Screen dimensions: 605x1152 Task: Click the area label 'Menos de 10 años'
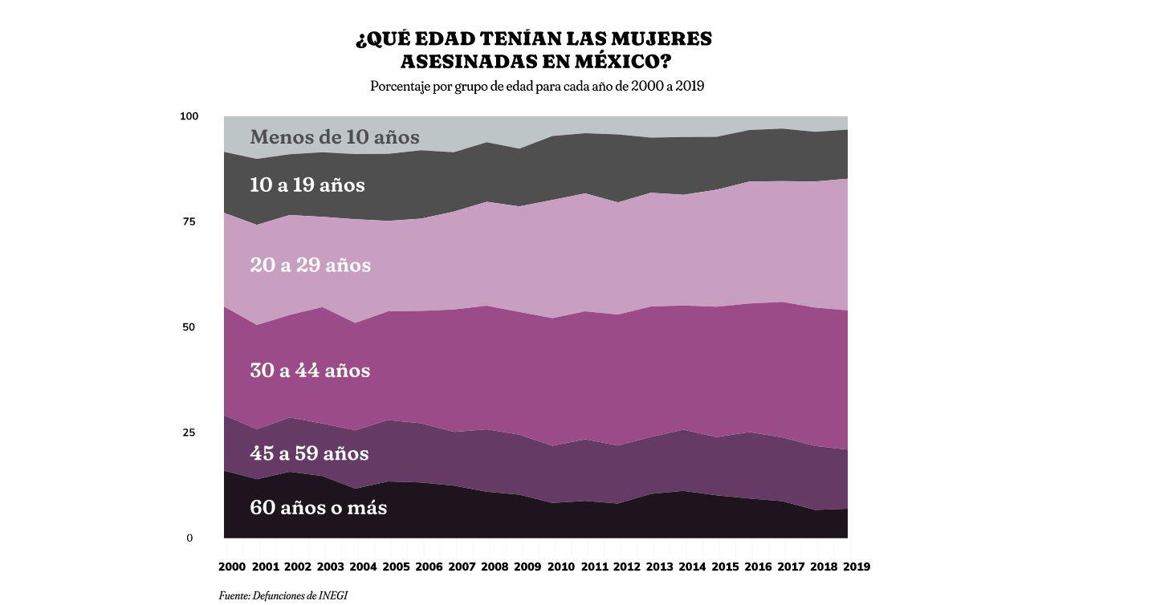pyautogui.click(x=334, y=137)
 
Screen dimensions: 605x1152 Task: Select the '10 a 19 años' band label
pyautogui.click(x=307, y=185)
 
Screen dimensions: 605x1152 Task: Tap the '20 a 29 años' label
pyautogui.click(x=310, y=266)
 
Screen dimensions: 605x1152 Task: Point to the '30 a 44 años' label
pyautogui.click(x=310, y=371)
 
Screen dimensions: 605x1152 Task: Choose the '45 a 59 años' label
pyautogui.click(x=309, y=453)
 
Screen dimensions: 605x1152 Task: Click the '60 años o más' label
pyautogui.click(x=318, y=508)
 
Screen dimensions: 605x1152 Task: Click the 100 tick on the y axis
pyautogui.click(x=189, y=116)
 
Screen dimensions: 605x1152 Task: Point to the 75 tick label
pyautogui.click(x=189, y=221)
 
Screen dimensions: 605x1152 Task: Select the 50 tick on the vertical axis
pyautogui.click(x=189, y=327)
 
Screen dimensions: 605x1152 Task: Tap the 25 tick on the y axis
pyautogui.click(x=189, y=432)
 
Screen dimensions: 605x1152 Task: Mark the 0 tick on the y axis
pyautogui.click(x=189, y=538)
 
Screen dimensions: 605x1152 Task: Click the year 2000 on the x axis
pyautogui.click(x=232, y=566)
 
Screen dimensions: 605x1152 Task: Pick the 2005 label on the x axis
pyautogui.click(x=396, y=566)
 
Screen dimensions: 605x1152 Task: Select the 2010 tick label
pyautogui.click(x=560, y=566)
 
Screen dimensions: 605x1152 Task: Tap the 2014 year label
pyautogui.click(x=692, y=566)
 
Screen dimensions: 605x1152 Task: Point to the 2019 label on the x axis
pyautogui.click(x=857, y=566)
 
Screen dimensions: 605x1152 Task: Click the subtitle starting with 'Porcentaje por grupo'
pyautogui.click(x=536, y=86)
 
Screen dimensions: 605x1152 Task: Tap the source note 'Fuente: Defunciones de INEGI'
pyautogui.click(x=283, y=595)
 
